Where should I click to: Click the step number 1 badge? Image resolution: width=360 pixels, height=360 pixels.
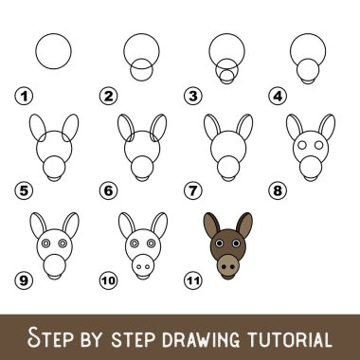pos(24,96)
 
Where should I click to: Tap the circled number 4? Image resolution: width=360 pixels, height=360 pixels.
pos(278,96)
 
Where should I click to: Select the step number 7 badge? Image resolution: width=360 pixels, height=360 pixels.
pos(193,190)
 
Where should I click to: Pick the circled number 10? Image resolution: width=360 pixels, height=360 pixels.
pos(108,280)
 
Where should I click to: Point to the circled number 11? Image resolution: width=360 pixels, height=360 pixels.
pos(193,280)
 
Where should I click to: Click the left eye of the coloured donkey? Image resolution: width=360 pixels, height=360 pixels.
pos(219,243)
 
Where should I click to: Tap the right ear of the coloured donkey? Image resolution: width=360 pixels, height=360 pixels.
pos(244,225)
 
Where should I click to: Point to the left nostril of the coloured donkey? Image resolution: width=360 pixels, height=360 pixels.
pos(224,267)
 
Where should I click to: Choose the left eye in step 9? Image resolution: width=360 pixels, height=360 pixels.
pos(46,243)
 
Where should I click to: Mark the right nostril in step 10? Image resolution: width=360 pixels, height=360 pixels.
pos(148,267)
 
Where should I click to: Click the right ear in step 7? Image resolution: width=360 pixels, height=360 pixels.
pos(244,127)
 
